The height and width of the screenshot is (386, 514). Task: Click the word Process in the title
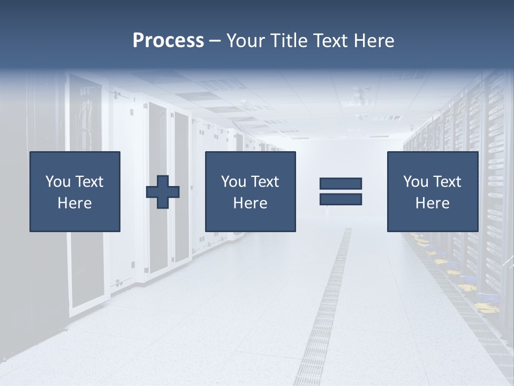coord(168,41)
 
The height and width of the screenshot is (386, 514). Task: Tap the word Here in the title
coord(374,41)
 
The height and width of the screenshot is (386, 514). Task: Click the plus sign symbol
coord(163,192)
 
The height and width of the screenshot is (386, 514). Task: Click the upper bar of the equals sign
coord(341,184)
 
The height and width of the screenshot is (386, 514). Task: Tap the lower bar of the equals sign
coord(341,199)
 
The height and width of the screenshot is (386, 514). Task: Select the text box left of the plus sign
coord(75,191)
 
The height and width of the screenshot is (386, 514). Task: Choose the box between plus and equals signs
coord(251,191)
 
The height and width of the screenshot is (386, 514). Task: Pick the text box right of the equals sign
coord(433,191)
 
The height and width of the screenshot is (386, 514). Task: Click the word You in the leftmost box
coord(57,182)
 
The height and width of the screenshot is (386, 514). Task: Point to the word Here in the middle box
coord(251,203)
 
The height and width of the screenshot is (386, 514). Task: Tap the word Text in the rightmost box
coord(447,182)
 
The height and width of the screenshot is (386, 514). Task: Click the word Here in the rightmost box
coord(433,203)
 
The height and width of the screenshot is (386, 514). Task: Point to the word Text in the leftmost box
coord(89,182)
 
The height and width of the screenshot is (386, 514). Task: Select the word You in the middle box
coord(233,182)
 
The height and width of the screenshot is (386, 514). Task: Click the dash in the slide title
coord(215,41)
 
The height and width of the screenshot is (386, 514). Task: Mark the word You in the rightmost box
coord(415,182)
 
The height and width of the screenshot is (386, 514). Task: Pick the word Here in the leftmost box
coord(75,203)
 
